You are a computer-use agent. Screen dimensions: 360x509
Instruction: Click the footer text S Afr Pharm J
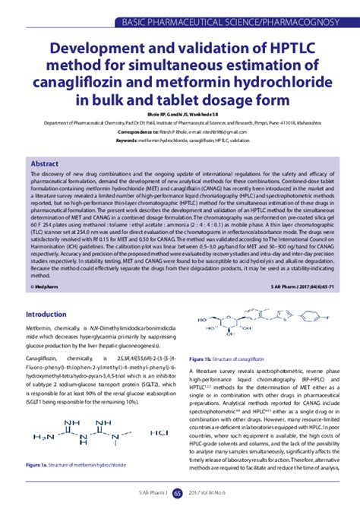click(144, 493)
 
